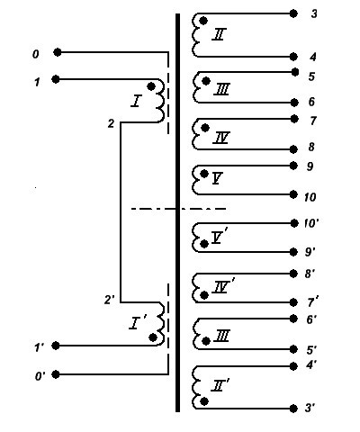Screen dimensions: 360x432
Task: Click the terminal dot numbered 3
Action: tap(293, 13)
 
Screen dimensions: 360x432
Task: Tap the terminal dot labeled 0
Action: tap(58, 52)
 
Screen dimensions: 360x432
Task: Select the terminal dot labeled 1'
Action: tap(56, 346)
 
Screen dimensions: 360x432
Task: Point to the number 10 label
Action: tap(310, 197)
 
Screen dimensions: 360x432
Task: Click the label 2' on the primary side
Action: tap(109, 300)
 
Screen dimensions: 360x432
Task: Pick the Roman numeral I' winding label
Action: tap(137, 323)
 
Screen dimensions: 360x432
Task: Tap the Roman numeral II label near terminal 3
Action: tap(219, 34)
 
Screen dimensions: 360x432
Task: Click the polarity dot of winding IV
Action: tap(205, 128)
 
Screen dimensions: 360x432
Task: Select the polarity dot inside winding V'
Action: tap(204, 244)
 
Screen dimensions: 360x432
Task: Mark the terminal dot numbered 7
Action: tap(294, 119)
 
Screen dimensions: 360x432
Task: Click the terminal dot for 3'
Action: tap(293, 409)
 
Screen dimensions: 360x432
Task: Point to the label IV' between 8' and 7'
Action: tap(223, 286)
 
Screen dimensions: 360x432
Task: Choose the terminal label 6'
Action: tap(311, 319)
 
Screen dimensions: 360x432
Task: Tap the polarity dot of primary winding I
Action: tap(151, 86)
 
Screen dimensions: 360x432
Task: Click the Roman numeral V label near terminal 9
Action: tap(217, 178)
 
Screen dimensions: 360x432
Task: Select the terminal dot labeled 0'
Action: tap(56, 374)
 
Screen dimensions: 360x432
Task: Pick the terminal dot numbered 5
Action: tap(295, 72)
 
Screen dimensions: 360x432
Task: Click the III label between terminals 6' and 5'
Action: tap(222, 336)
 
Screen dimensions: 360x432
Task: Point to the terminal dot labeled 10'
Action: tap(293, 223)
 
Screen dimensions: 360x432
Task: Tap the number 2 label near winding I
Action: tap(111, 123)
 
